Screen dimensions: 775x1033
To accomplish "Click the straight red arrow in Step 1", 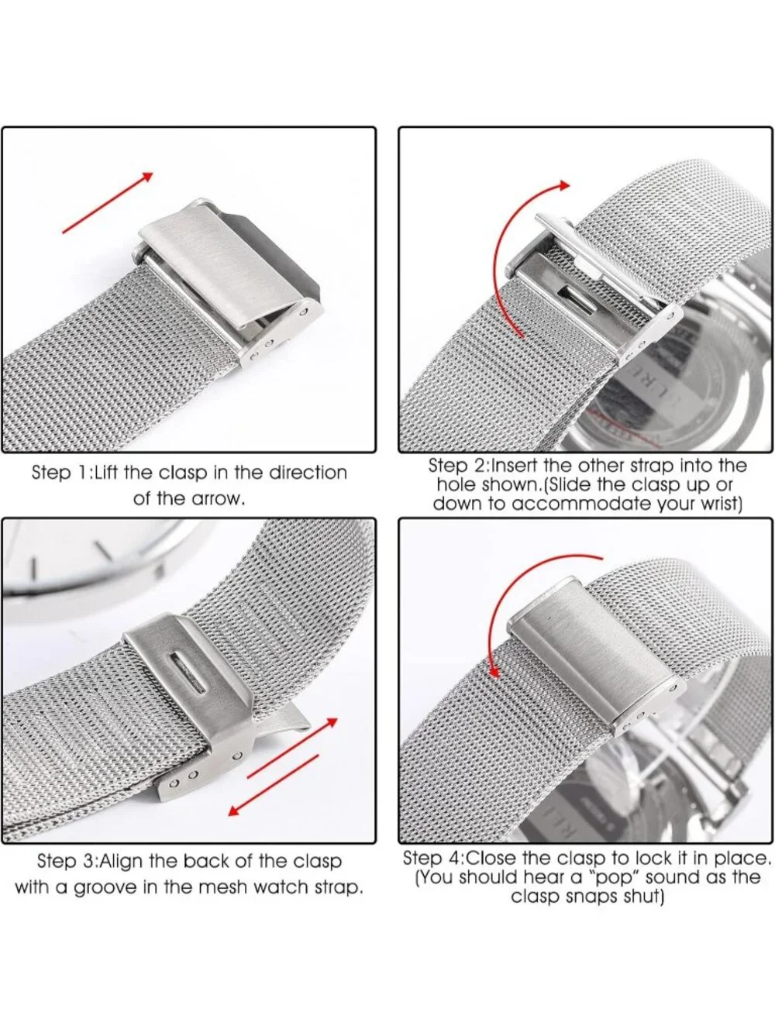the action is (x=108, y=203).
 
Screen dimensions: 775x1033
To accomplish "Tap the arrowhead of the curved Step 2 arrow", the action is (x=563, y=185).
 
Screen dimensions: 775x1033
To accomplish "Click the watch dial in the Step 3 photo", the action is (x=94, y=563).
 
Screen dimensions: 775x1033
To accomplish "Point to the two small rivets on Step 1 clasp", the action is (x=263, y=351).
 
